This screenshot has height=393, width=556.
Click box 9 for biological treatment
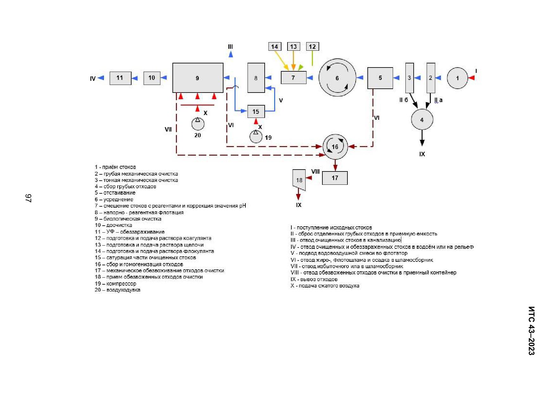pos(198,78)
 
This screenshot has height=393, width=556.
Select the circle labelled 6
pos(337,77)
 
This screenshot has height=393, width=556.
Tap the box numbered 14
pos(275,47)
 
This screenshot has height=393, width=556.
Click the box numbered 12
pos(312,47)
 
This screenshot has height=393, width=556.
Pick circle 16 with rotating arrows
pos(335,147)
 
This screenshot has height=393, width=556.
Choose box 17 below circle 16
pos(335,178)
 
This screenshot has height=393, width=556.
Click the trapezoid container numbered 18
pos(299,180)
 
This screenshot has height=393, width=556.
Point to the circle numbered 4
pos(422,119)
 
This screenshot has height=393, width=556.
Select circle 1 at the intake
pos(457,78)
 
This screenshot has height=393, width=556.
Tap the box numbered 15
pos(256,112)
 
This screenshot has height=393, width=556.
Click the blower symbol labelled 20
pos(198,124)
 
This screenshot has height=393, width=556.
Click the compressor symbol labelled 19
pos(256,137)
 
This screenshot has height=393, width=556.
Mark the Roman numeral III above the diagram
pos(230,47)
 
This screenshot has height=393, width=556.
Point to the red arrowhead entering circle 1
pos(471,78)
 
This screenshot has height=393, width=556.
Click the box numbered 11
pos(120,78)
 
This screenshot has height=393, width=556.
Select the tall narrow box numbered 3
pos(410,78)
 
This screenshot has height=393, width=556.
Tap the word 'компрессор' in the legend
pos(121,284)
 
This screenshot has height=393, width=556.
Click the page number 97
pos(28,198)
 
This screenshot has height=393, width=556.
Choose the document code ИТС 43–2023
pos(532,331)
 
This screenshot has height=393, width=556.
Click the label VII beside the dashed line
pos(168,129)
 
